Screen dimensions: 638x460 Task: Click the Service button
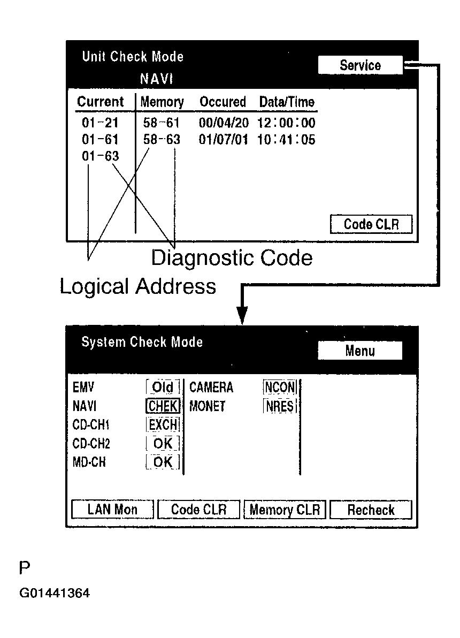[x=359, y=65]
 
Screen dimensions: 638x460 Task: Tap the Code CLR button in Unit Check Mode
[x=371, y=224]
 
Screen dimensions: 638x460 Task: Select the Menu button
[x=359, y=351]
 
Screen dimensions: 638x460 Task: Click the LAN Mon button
[x=112, y=510]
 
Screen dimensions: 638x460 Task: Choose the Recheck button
[x=371, y=510]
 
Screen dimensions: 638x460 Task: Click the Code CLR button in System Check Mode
[x=198, y=510]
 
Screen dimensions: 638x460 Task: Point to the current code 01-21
[x=100, y=123]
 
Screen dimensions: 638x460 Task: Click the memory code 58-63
[x=162, y=140]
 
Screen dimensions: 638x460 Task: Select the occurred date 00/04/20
[x=224, y=123]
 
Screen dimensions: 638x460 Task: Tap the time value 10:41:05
[x=286, y=140]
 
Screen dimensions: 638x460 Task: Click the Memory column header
[x=162, y=102]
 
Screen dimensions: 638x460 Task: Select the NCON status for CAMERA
[x=280, y=387]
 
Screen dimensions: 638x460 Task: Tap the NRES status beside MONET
[x=280, y=406]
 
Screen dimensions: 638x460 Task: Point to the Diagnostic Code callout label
[x=232, y=258]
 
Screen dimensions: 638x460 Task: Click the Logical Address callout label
[x=138, y=286]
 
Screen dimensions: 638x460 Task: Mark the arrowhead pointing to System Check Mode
[x=242, y=316]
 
